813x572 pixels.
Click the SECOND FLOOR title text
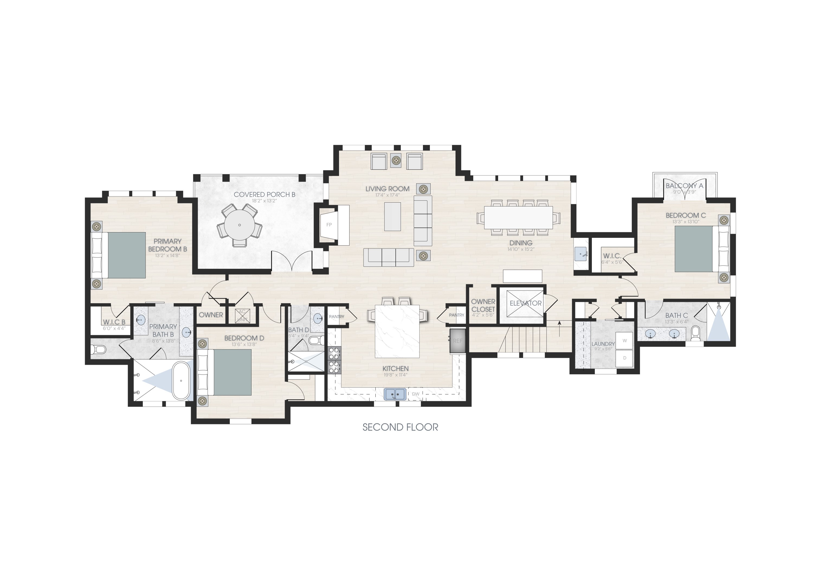(400, 427)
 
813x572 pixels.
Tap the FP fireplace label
(329, 225)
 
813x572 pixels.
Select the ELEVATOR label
(525, 303)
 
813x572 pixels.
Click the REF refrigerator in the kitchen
(457, 341)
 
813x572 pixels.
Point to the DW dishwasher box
(415, 394)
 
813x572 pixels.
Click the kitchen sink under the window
(395, 394)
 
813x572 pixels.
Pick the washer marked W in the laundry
(625, 341)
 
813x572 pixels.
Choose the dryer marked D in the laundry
(625, 358)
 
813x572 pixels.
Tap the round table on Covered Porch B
(240, 225)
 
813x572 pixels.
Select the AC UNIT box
(242, 315)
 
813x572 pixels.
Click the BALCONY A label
(685, 186)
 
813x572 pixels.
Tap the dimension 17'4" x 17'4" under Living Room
(387, 195)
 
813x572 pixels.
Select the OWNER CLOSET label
(483, 305)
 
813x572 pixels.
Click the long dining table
(518, 218)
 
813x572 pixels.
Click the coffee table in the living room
(392, 216)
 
